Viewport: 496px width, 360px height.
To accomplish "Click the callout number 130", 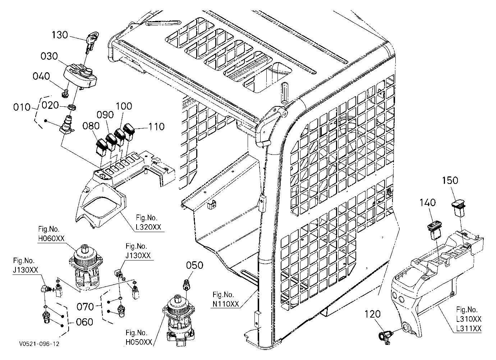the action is point(60,35).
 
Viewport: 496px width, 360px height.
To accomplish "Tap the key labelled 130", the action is point(91,42).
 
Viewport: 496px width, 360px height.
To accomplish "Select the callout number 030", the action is point(49,56).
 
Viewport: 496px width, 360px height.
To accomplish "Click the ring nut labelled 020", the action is point(73,107).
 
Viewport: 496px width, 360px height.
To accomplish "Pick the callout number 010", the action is point(22,107).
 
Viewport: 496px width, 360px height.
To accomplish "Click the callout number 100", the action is point(124,106).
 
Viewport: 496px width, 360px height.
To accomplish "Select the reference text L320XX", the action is point(148,227).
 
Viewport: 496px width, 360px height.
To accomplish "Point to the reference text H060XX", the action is point(51,238).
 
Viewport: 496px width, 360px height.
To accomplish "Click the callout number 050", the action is point(194,265).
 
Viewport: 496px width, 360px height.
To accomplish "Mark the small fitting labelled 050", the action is point(186,285).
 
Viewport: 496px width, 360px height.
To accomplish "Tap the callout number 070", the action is point(85,307).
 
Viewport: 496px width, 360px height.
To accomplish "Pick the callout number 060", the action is point(84,322).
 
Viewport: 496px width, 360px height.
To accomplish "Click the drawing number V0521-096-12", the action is point(39,344).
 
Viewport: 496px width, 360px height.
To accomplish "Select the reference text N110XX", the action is point(226,304).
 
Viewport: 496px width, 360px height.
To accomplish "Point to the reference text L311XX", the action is point(469,328).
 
